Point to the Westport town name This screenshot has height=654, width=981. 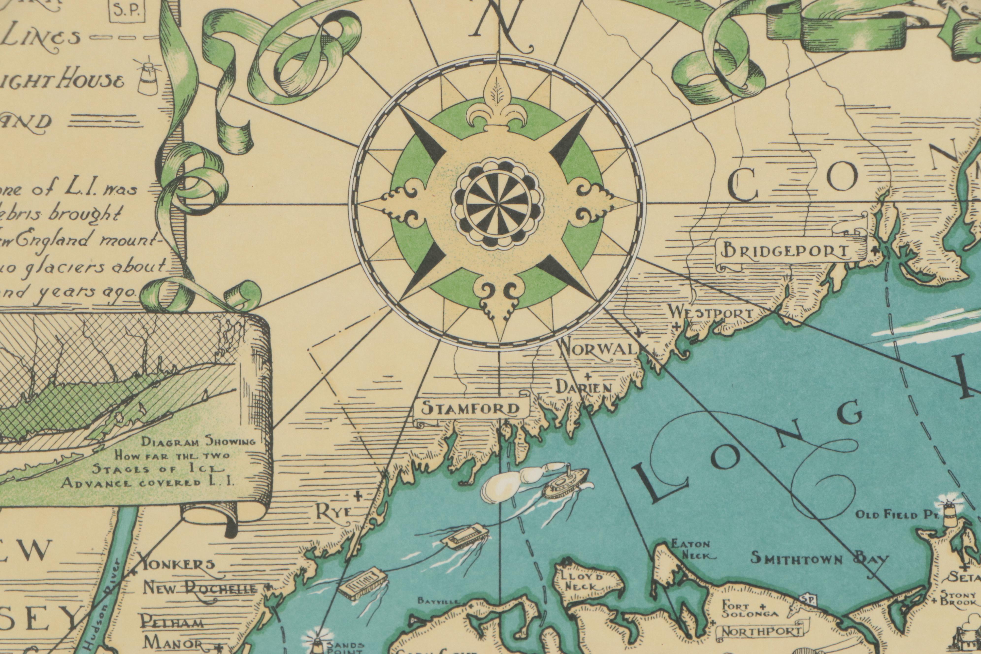pyautogui.click(x=712, y=313)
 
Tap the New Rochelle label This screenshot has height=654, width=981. pyautogui.click(x=200, y=589)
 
